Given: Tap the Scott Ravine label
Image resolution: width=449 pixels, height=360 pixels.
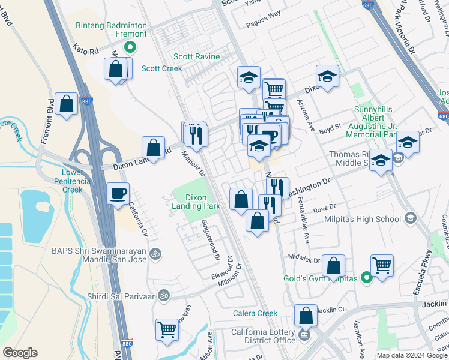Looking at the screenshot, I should pos(196,57).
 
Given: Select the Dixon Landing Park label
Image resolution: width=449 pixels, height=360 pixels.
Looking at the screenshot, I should pos(196,202).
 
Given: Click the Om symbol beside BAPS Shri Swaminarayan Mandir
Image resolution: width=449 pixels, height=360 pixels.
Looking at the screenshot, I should pos(156,253).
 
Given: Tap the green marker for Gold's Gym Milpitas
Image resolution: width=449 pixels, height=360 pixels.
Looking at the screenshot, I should pos(366,278).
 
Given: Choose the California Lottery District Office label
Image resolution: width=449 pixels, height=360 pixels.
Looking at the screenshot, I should pos(264,337).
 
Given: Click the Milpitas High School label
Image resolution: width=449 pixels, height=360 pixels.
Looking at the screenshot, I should pos(363,218).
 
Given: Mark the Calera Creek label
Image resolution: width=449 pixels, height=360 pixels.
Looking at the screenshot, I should pos(255,313).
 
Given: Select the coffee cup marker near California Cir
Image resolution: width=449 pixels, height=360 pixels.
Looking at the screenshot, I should pos(118,193).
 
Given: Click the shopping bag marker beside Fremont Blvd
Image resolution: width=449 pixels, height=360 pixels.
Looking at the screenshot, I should pos(67,103).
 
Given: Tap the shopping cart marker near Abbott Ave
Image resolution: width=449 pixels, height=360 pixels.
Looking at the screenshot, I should pos(167,329).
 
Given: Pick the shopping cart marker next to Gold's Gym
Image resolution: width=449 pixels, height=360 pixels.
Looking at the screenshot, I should pos(382,264).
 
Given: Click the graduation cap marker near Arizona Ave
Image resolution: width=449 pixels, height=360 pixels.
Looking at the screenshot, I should pos(327,76).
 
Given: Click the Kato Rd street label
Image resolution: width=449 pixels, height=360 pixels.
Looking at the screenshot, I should pos(85,49).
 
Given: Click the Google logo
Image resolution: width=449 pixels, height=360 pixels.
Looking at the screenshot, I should pos(20,353).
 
